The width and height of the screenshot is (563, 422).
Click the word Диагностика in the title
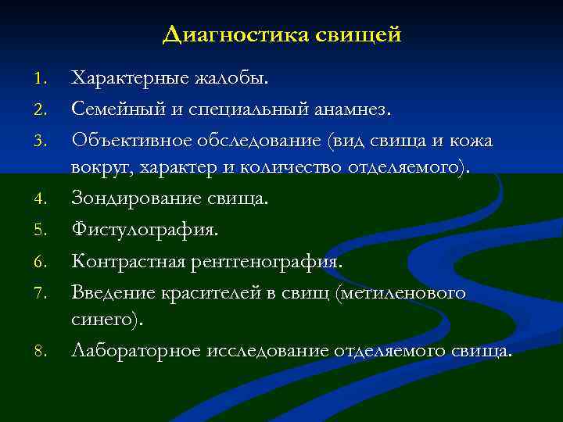[x=235, y=35]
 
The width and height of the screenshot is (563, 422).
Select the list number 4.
[x=43, y=199]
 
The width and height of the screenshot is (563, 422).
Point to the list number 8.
[x=43, y=352]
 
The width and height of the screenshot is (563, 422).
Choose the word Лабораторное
[x=136, y=351]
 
